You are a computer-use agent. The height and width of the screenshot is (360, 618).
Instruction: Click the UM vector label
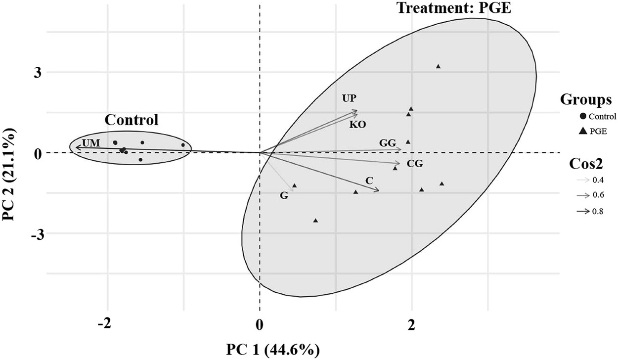coord(91,143)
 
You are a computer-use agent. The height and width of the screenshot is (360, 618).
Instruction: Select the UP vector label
coord(349,98)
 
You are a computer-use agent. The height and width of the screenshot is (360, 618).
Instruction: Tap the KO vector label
coord(357,125)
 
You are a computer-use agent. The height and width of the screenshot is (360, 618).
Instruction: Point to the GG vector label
coord(388,143)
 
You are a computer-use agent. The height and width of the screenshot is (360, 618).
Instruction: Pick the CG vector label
coord(414,164)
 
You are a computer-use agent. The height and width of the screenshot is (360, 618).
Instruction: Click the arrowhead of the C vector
coord(378,190)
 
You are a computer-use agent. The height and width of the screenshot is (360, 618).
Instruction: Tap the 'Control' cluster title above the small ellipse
coord(131,120)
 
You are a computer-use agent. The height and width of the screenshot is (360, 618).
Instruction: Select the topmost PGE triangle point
coord(438,66)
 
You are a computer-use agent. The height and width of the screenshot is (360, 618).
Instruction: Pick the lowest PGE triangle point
coord(315,221)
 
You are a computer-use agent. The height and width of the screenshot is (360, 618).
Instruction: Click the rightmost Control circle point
coord(183,145)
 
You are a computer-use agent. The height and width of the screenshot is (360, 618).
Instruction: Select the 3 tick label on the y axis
coord(38,73)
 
